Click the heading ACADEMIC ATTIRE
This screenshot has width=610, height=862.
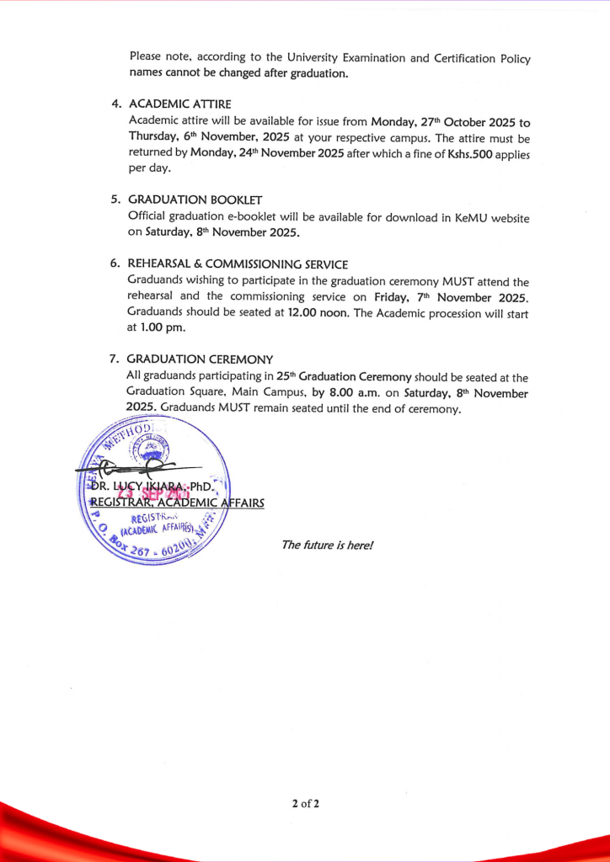tap(179, 104)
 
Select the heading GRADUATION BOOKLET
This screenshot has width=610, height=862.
tap(195, 200)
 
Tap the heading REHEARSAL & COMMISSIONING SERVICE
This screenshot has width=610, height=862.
tap(237, 263)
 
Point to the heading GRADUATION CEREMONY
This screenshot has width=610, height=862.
tap(200, 359)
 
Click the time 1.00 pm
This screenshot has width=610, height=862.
tap(163, 328)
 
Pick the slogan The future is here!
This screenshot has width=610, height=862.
tap(327, 545)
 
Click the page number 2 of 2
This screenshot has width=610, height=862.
tap(305, 803)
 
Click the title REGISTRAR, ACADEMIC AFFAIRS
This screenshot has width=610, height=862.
tap(177, 503)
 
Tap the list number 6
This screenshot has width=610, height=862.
tap(115, 263)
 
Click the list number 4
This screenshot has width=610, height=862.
tap(115, 104)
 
